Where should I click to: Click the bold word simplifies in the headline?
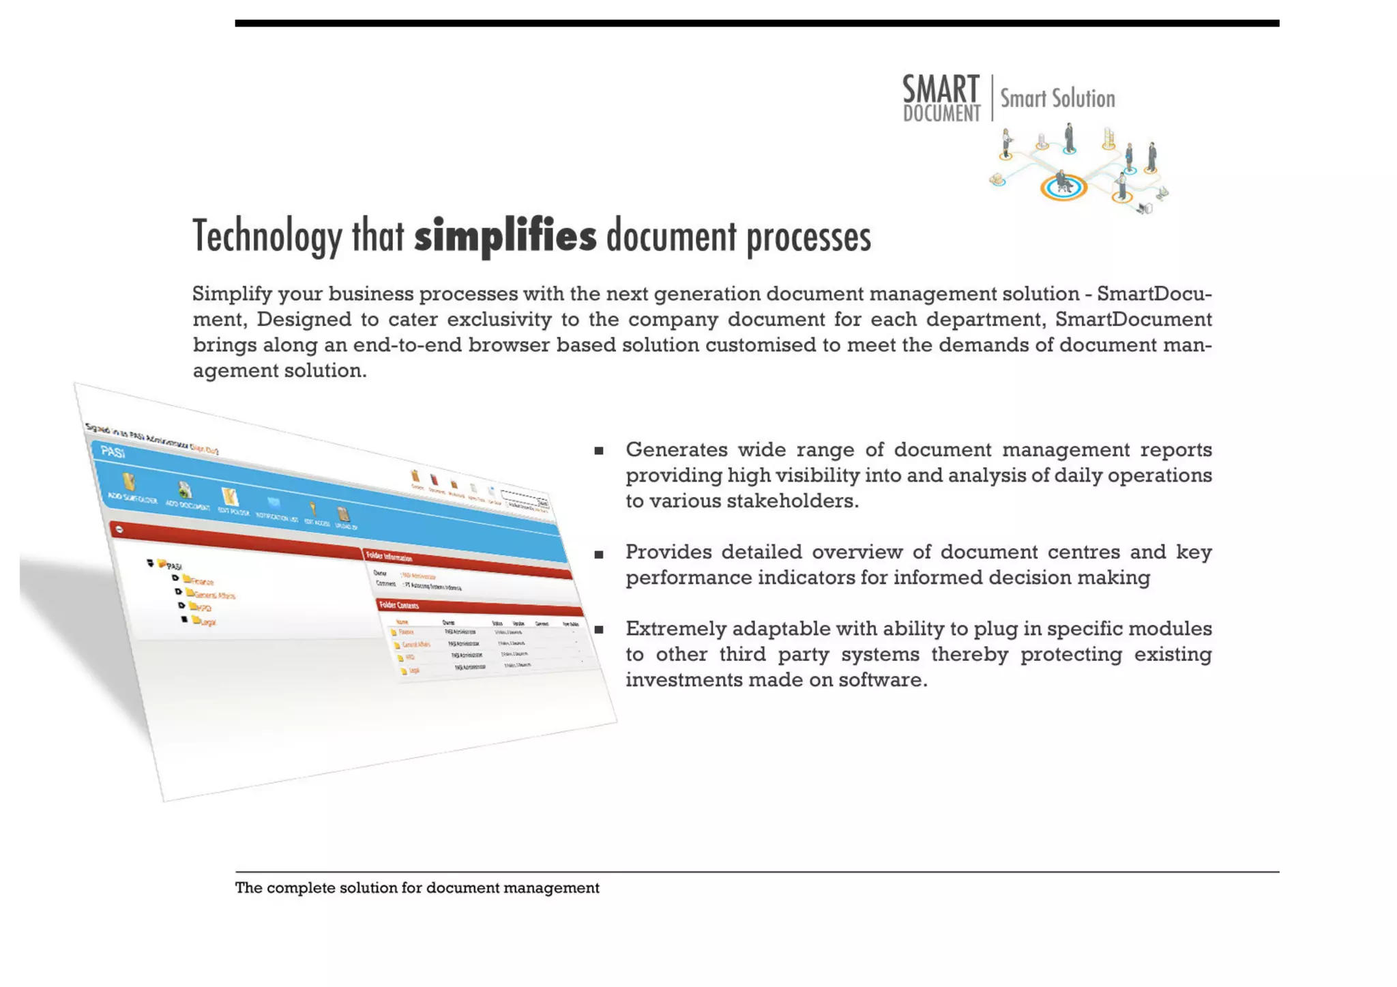505,236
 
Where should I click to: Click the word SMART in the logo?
941,89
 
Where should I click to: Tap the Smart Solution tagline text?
1057,99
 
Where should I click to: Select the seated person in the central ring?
1062,182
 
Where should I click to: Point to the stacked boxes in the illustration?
1109,138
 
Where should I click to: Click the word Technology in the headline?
267,236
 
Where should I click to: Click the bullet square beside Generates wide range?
598,451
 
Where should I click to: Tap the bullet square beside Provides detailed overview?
598,555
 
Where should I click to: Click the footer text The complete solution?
417,888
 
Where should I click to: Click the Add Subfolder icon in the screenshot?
129,482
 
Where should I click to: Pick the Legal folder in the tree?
204,621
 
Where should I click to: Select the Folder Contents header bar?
477,609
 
